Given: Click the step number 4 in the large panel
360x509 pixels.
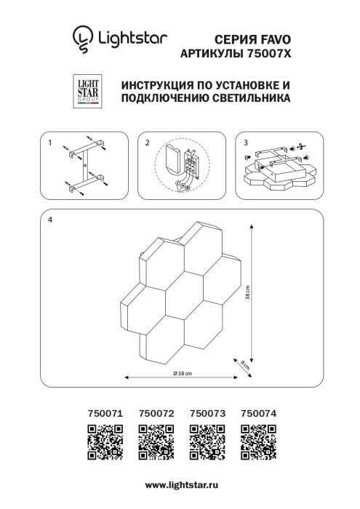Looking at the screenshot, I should tap(49, 219).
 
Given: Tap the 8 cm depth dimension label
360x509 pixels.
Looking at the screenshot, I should tap(247, 366).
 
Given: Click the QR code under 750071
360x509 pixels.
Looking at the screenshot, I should tap(103, 443).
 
